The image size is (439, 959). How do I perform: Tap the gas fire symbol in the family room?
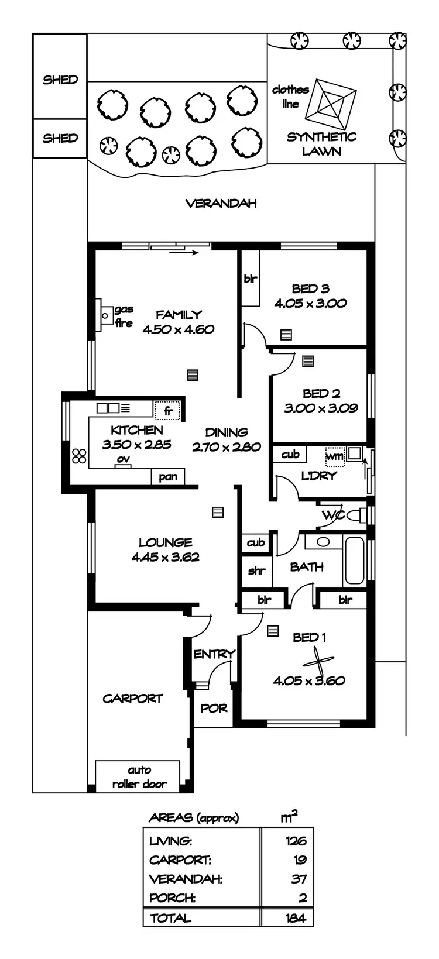[105, 317]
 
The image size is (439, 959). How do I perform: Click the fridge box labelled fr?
[168, 411]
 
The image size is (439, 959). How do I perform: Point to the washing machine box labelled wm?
[335, 456]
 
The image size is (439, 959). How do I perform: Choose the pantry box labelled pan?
[168, 477]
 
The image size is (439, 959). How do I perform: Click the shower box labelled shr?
[256, 570]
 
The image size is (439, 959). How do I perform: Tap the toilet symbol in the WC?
[356, 515]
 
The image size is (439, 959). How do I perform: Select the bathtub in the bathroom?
[355, 560]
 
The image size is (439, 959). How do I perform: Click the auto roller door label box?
[139, 777]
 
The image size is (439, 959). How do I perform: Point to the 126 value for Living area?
[296, 841]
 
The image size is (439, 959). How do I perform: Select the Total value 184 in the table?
[296, 917]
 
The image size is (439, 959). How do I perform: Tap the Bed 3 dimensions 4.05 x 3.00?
[310, 303]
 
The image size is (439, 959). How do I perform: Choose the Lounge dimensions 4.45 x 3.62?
[166, 557]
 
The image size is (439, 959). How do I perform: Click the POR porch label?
[214, 709]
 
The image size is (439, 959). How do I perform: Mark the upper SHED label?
[60, 80]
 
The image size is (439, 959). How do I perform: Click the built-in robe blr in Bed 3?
[251, 279]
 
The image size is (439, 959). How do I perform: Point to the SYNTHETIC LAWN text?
[321, 144]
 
